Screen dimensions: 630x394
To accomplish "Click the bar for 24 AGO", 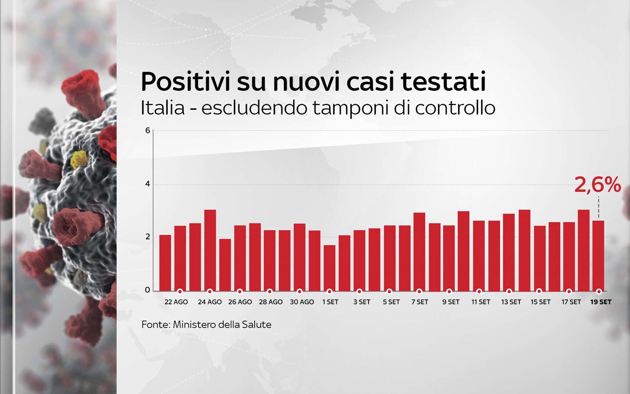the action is (210, 250).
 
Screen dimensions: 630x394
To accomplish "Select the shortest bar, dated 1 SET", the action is (330, 268).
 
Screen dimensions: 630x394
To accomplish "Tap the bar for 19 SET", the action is (598, 256).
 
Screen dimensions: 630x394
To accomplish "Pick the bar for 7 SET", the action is (419, 252).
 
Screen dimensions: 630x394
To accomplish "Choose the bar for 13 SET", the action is (509, 252).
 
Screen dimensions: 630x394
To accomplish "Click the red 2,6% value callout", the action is (597, 185).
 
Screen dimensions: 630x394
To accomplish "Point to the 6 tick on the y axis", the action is (148, 130).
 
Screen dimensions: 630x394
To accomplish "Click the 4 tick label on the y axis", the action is (148, 184).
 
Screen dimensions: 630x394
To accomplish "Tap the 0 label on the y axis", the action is (148, 290).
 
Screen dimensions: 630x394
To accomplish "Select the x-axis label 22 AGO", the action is (176, 302).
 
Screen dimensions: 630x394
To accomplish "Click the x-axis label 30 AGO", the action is (302, 302).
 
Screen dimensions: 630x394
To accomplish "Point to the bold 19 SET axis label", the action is (601, 302).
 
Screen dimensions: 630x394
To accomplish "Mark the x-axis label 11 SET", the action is (481, 302).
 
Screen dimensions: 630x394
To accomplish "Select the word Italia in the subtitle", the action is (163, 108).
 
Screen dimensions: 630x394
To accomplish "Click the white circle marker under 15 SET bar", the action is (539, 291).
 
